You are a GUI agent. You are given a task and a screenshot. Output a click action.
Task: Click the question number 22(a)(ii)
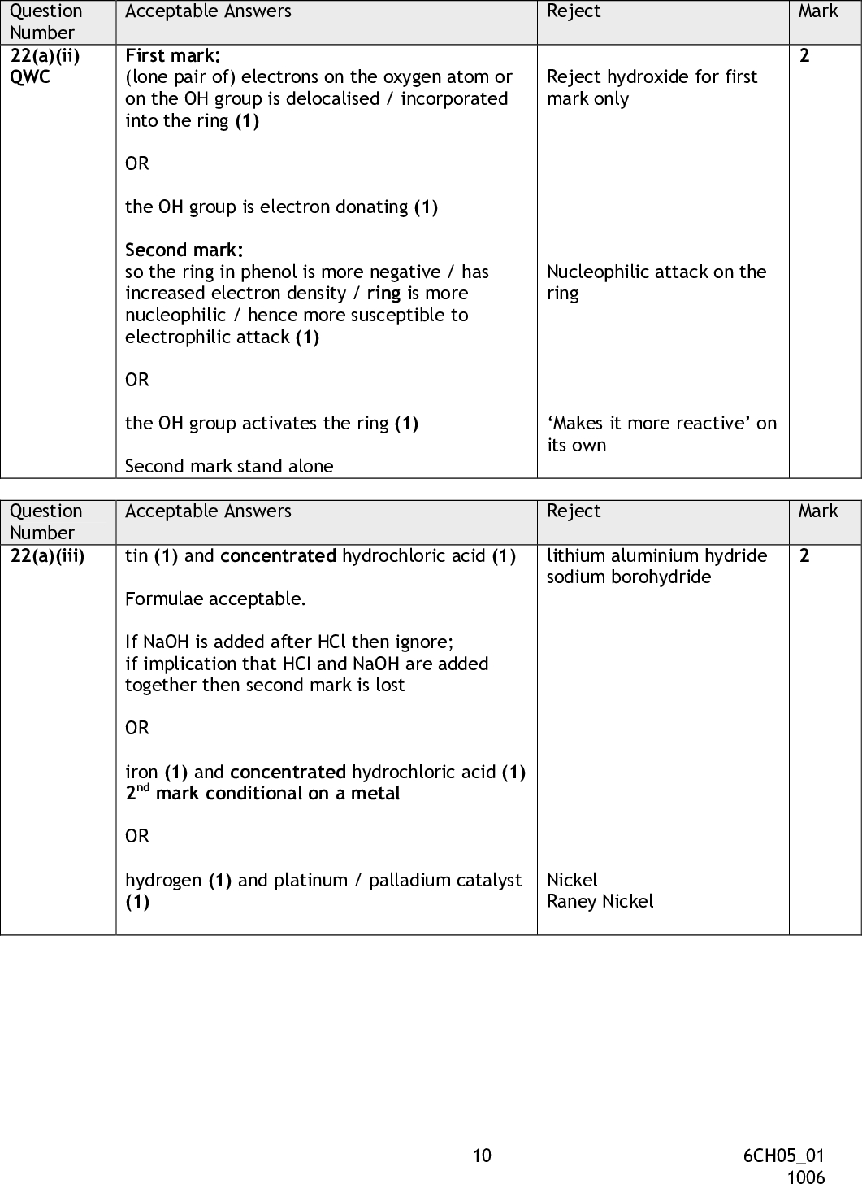(45, 55)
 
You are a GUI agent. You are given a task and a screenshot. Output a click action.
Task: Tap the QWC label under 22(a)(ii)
(30, 77)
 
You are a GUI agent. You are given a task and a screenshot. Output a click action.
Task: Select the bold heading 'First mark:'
(172, 55)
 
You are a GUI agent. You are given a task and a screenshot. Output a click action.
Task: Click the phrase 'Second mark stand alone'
(229, 466)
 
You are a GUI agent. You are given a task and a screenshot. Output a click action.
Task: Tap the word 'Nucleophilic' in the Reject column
(598, 272)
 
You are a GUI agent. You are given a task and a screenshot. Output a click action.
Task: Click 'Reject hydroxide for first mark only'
(652, 87)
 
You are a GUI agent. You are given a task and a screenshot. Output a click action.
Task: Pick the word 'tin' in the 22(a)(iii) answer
(136, 555)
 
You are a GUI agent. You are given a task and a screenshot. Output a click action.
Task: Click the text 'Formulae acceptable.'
(215, 599)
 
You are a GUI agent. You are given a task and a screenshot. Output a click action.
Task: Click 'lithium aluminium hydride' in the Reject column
(656, 555)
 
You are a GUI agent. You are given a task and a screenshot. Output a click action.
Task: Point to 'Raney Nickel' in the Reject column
(600, 901)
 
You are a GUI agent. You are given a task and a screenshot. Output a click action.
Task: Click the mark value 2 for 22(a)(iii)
(804, 556)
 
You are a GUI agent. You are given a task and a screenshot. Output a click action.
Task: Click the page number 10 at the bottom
(482, 1156)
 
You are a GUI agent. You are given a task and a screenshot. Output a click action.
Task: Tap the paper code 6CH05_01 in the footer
(783, 1156)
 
